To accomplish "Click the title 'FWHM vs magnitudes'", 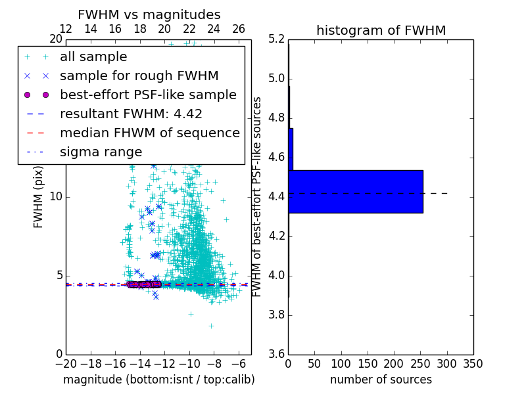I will [149, 14].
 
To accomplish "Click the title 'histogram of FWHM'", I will [381, 30].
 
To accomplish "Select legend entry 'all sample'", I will [93, 57].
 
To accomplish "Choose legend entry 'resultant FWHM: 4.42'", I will [131, 114].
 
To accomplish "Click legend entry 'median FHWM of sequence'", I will [149, 133].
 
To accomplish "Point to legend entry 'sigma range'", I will [101, 152].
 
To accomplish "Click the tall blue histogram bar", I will [355, 192].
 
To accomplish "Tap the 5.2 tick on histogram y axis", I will [277, 39].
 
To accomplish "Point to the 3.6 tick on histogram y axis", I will [277, 354].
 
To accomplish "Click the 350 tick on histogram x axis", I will [473, 364].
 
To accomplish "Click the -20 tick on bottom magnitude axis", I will [66, 364].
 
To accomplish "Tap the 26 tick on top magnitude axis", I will [239, 29].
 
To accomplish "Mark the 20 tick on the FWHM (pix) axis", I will [55, 39].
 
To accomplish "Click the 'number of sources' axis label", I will [381, 380].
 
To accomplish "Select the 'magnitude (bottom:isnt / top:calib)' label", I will [158, 380].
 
